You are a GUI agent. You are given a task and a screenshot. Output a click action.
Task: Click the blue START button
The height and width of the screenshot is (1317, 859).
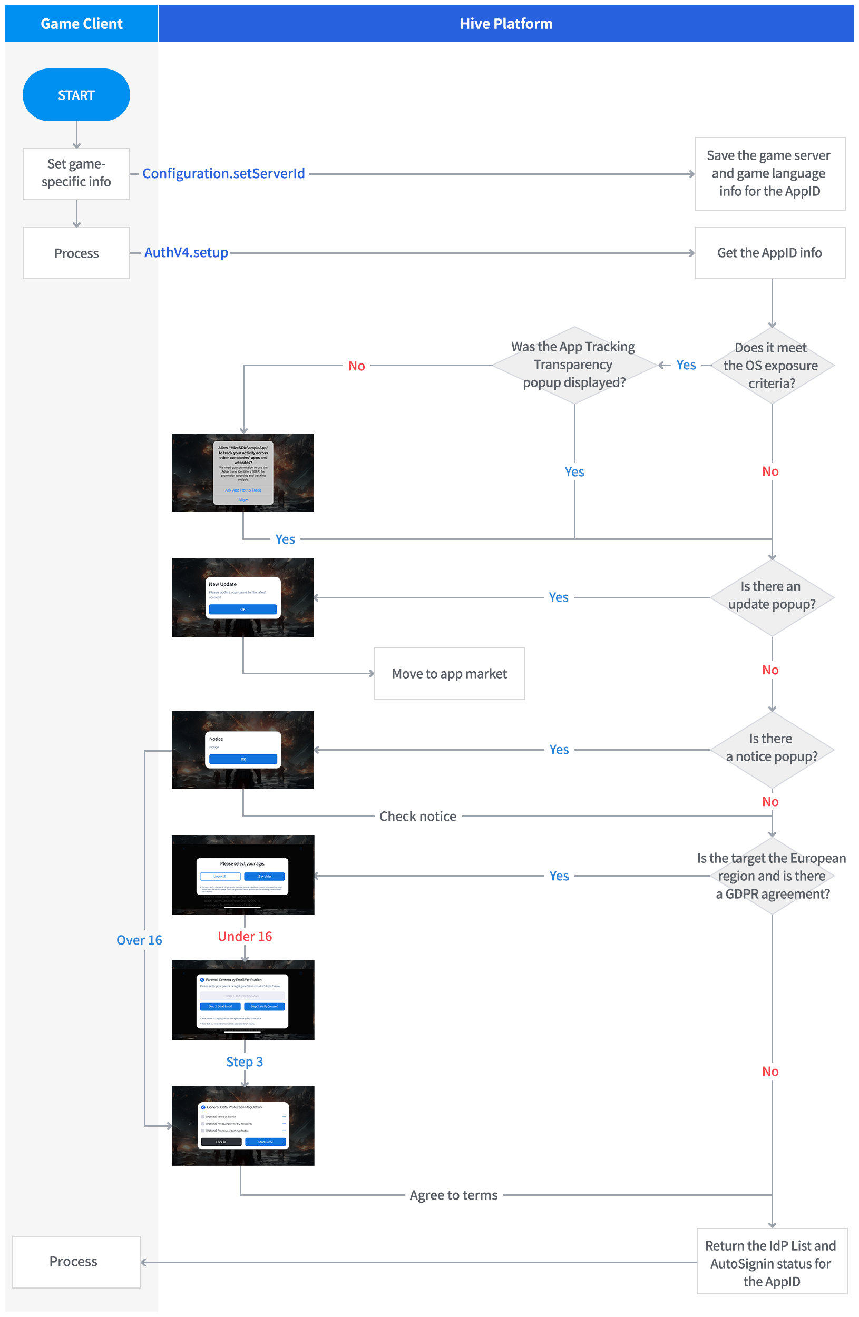coord(76,95)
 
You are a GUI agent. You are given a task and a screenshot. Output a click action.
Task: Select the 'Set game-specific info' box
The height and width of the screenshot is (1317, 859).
coord(76,173)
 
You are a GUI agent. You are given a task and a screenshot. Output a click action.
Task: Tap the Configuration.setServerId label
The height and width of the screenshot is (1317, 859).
coord(223,174)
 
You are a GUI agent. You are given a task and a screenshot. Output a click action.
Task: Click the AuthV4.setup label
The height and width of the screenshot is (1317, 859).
coord(186,253)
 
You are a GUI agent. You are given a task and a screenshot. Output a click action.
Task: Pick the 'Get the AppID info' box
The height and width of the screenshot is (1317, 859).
coord(769,253)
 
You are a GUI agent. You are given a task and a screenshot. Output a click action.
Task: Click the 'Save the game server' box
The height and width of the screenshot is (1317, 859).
coord(769,174)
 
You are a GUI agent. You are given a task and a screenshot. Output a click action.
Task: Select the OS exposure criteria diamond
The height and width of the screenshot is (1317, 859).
coord(771,366)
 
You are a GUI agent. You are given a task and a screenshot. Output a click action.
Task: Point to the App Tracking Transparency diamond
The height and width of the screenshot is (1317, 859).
coord(574,365)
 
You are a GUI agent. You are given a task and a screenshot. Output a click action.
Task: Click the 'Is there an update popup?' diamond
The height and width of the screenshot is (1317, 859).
coord(772,597)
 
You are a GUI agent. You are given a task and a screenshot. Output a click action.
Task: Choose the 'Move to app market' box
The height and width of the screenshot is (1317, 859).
coord(450,673)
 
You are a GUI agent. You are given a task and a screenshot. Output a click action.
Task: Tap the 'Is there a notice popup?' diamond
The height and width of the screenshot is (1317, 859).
coord(772,749)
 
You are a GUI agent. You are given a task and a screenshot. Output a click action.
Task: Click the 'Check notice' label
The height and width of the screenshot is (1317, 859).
coord(418,816)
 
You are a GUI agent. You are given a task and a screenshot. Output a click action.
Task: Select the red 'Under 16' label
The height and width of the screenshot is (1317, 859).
coord(245,936)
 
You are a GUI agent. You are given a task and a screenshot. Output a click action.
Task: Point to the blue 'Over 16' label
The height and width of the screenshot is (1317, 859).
coord(140,940)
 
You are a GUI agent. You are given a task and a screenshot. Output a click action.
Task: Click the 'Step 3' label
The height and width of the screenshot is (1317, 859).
coord(245,1062)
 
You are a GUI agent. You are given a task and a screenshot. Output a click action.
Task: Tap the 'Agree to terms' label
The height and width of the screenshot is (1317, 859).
coord(454,1195)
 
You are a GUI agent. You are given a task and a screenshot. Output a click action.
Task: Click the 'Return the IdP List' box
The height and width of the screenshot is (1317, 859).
coord(772,1263)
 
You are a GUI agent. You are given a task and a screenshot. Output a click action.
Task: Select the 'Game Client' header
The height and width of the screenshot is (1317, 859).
coord(81,24)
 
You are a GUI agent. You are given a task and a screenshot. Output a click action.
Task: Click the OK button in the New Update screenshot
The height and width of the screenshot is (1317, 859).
coord(242,610)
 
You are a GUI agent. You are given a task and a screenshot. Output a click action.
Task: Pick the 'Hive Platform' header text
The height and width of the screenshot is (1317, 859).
coord(506,24)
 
